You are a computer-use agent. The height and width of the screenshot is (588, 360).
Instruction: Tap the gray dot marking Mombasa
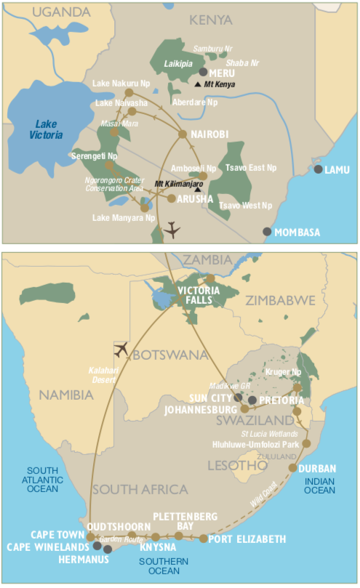point(267,232)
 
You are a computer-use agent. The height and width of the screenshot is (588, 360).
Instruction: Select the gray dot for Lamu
point(318,169)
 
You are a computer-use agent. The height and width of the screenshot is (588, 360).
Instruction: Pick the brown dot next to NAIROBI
point(183,134)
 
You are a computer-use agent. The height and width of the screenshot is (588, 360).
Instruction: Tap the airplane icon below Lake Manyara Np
point(172,230)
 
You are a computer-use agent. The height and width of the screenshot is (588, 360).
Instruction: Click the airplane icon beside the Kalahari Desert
point(121,349)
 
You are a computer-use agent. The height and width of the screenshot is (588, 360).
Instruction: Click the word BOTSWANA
point(161,357)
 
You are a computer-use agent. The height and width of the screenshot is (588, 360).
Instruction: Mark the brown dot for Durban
point(293,468)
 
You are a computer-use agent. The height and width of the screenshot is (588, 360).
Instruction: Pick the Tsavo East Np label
point(251,168)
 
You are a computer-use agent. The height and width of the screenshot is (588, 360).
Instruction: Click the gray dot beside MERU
point(203,73)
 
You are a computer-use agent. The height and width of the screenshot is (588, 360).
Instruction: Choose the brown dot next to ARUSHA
point(171,198)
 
